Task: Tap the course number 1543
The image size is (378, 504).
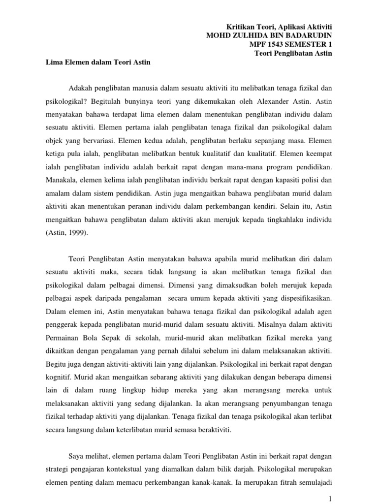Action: [279, 44]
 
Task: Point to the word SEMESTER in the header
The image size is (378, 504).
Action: [308, 44]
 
